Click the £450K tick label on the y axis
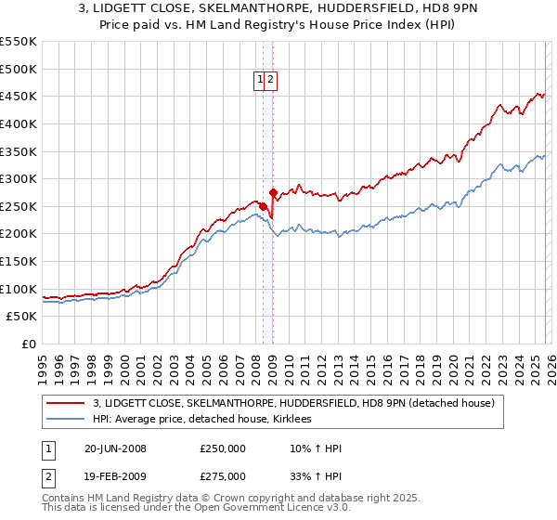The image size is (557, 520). (x=19, y=96)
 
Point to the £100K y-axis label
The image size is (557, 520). (x=19, y=289)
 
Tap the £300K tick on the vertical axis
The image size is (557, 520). (x=19, y=178)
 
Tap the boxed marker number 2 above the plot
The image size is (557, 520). (x=270, y=80)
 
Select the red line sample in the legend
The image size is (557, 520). (x=65, y=403)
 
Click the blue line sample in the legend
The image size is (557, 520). (x=65, y=419)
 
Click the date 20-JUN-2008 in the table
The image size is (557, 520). (x=115, y=448)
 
